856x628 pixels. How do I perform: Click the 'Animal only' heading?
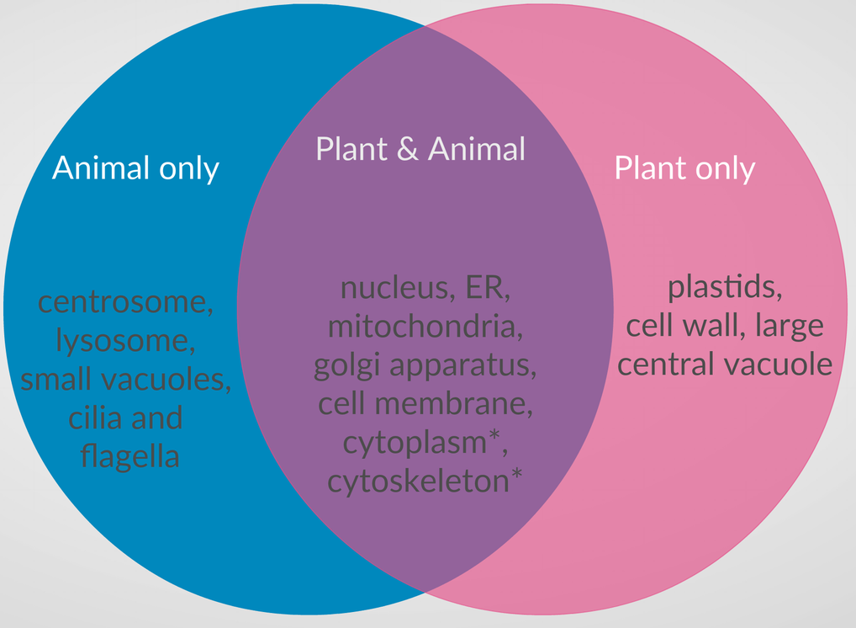(x=135, y=168)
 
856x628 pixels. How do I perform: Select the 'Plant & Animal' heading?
(x=420, y=149)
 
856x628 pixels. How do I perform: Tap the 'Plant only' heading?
(x=684, y=168)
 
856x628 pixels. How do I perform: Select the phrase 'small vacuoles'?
(x=125, y=380)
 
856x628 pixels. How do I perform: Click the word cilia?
(x=92, y=418)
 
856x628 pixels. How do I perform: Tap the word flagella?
(x=129, y=456)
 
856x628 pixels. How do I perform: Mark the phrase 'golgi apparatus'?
(x=425, y=366)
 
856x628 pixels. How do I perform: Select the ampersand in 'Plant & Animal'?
(x=406, y=149)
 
